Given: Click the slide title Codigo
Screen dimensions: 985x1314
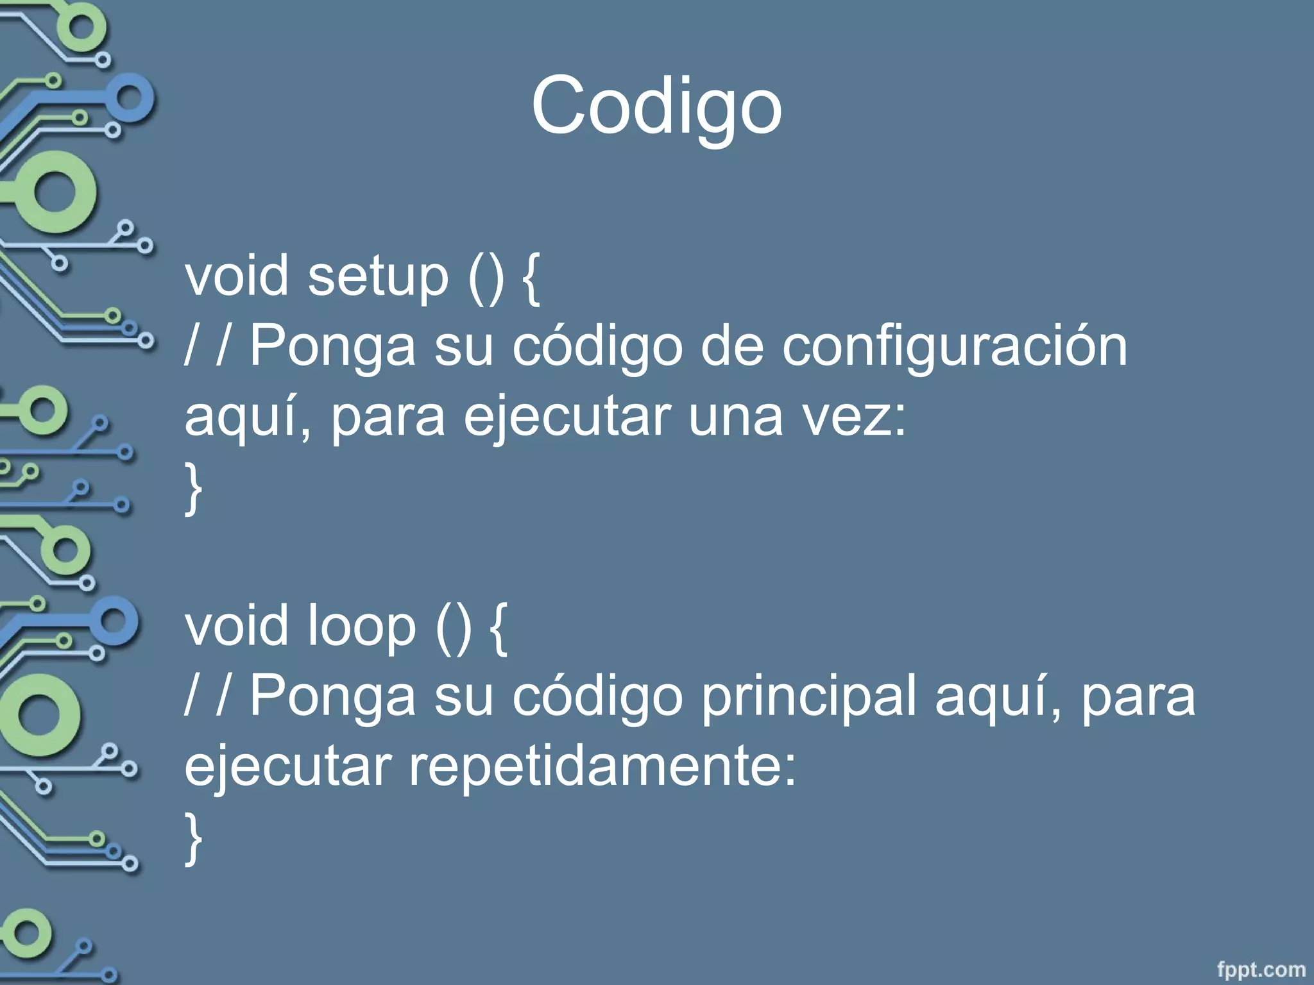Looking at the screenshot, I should point(656,106).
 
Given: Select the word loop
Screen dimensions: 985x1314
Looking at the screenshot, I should point(361,627).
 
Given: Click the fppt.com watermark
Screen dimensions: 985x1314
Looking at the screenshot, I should point(1261,969).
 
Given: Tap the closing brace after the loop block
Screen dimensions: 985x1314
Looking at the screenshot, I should point(193,838).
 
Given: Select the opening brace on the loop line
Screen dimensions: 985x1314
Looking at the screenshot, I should point(499,628).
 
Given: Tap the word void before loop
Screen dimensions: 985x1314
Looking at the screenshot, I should point(236,627).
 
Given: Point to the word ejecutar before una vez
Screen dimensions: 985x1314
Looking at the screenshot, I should point(567,418).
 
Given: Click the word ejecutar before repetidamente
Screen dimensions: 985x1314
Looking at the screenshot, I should point(288,767).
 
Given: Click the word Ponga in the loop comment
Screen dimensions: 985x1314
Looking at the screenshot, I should point(332,697).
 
